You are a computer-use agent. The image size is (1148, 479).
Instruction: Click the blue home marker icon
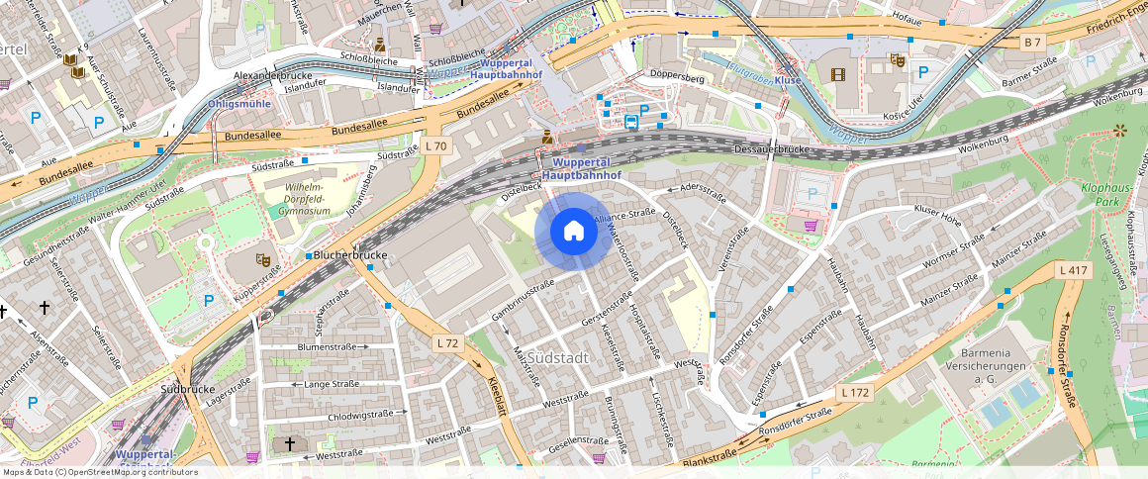point(573,232)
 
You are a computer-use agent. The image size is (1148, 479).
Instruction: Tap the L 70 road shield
point(435,146)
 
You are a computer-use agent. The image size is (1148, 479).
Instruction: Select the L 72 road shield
point(448,342)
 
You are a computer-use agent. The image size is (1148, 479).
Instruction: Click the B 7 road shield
point(1033,43)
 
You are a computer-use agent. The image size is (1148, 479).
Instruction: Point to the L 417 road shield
point(1073,270)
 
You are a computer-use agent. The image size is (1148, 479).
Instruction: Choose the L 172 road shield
point(855,393)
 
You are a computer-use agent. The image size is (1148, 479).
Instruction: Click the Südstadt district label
point(558,357)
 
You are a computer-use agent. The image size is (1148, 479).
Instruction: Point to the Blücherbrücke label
point(349,255)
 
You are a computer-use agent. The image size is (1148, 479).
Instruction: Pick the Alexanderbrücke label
point(272,75)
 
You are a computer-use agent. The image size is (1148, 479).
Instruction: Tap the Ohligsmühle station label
point(239,104)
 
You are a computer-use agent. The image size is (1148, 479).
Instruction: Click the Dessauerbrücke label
point(773,148)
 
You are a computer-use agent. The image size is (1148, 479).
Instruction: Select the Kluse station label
point(788,79)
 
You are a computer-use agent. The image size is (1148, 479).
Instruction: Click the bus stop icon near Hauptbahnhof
point(631,122)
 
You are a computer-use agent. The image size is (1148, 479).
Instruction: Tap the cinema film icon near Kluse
point(839,74)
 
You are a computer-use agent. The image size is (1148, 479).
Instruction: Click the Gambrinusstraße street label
point(522,301)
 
